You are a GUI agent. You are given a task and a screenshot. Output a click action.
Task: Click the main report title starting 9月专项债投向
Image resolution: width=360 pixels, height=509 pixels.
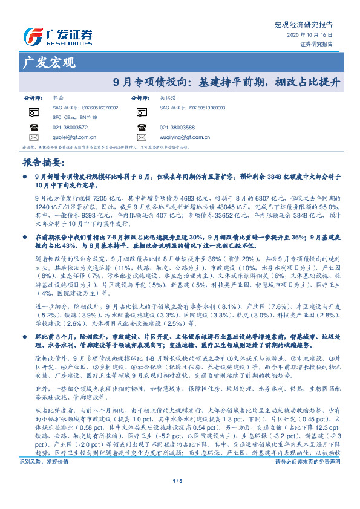coord(227,82)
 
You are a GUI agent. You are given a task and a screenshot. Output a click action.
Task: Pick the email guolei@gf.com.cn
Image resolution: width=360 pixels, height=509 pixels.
coord(70,137)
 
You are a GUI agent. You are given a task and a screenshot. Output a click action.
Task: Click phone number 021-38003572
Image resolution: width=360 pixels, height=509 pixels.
coord(70,128)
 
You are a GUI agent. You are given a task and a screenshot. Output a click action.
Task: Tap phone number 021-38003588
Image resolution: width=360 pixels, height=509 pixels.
coord(177,128)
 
